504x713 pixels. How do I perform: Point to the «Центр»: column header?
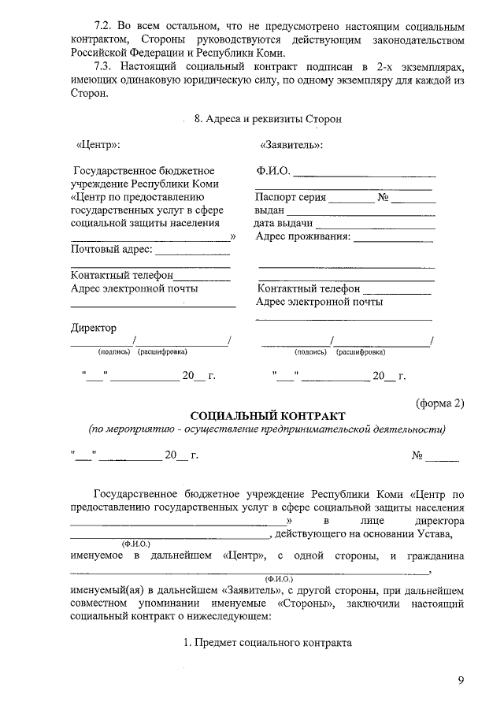pos(97,146)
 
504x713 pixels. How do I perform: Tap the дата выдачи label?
pos(278,224)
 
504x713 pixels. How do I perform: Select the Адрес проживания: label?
pos(303,236)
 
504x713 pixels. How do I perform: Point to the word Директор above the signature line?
pos(93,328)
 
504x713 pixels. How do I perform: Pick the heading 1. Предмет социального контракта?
pos(267,642)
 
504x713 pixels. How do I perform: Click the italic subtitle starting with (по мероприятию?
pos(267,430)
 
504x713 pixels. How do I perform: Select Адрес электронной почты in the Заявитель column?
pos(320,302)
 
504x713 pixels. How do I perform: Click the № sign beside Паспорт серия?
pos(384,198)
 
